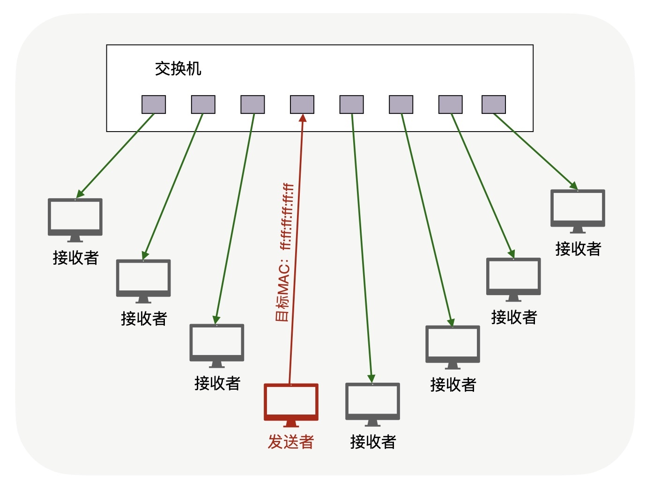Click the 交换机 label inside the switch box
178,69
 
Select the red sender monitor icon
291,402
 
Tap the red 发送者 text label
290,441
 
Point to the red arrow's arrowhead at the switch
303,118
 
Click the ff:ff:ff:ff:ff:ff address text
287,216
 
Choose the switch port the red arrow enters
302,104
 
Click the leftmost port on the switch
154,104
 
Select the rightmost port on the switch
494,104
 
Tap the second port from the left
203,104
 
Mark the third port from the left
252,104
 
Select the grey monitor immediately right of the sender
372,402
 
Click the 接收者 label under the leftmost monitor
75,258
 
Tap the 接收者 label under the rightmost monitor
578,249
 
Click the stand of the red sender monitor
291,424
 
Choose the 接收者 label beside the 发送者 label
373,441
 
